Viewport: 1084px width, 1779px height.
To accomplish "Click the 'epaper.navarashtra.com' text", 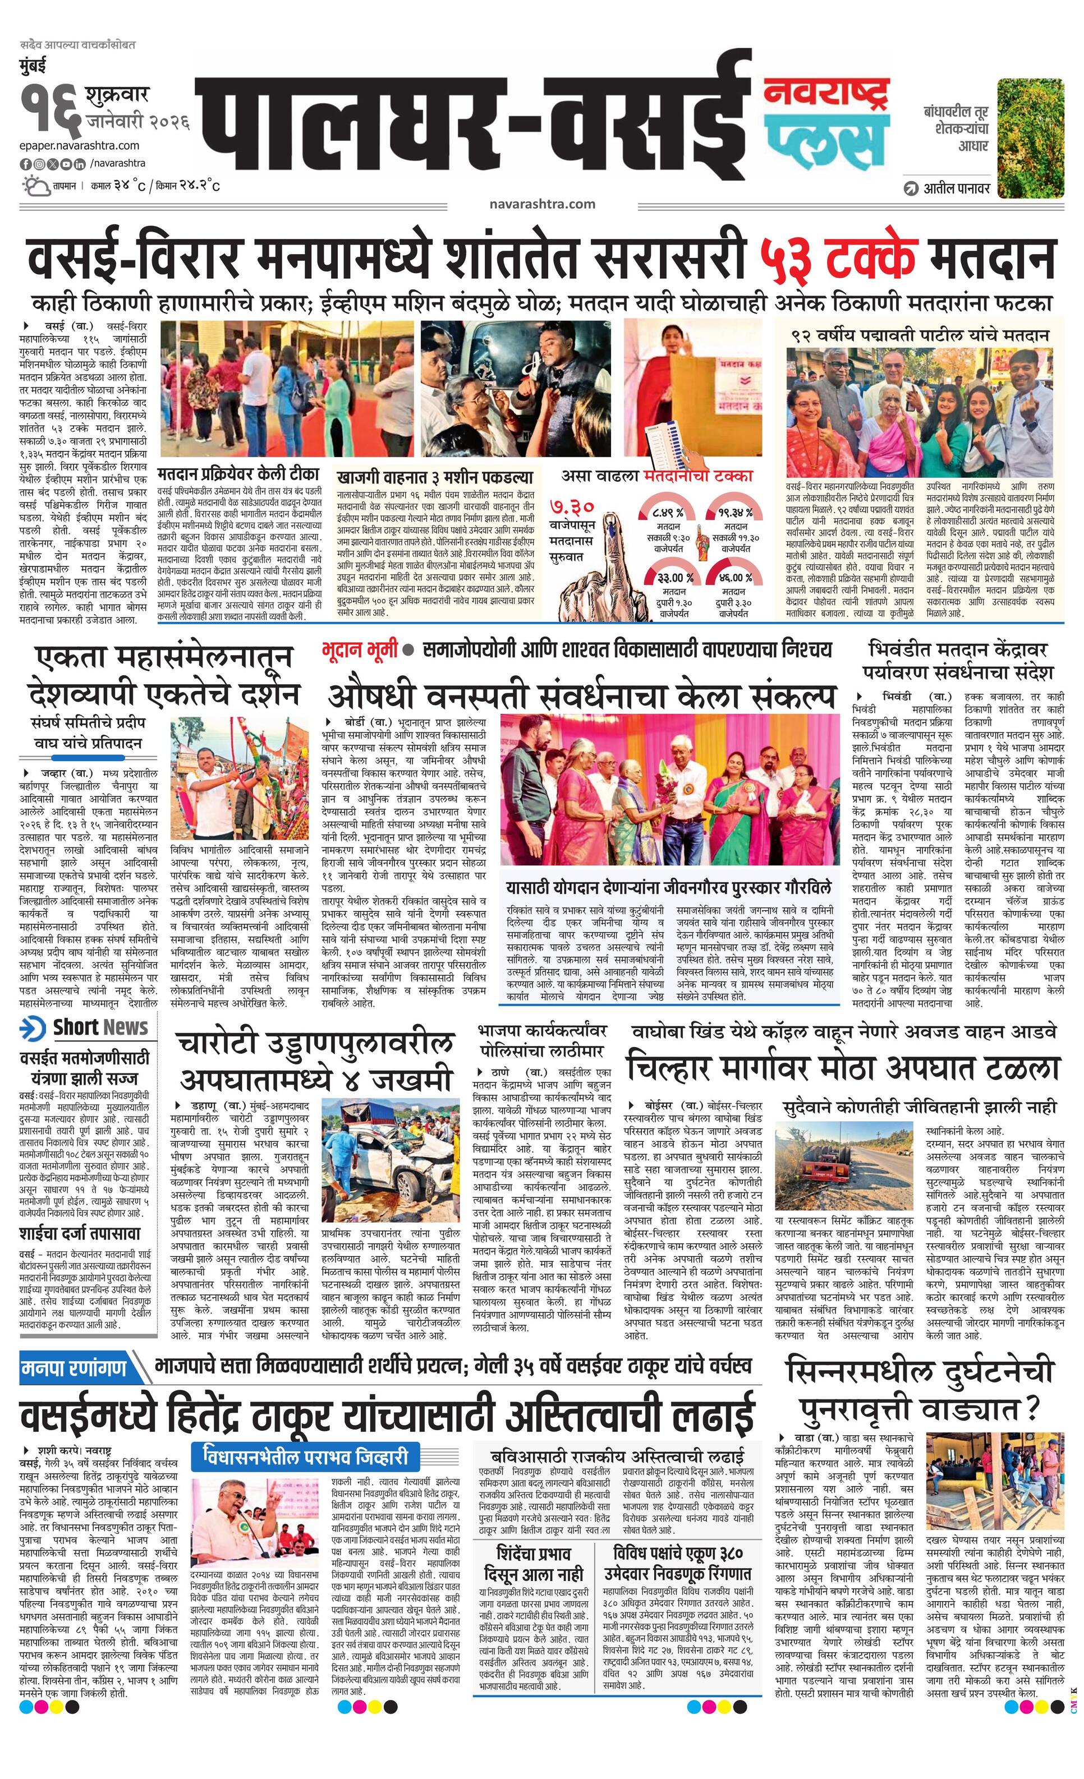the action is click(80, 145).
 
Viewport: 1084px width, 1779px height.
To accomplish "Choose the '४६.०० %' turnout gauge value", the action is click(735, 578).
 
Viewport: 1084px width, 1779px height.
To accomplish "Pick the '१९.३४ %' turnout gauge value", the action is click(735, 513).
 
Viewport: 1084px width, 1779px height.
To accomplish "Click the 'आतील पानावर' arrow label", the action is click(948, 189).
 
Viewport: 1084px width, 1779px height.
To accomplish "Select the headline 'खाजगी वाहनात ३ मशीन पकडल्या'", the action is click(434, 477).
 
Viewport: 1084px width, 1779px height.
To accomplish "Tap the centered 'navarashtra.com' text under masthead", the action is click(541, 204).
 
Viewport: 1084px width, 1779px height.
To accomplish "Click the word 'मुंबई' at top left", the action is click(33, 67).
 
